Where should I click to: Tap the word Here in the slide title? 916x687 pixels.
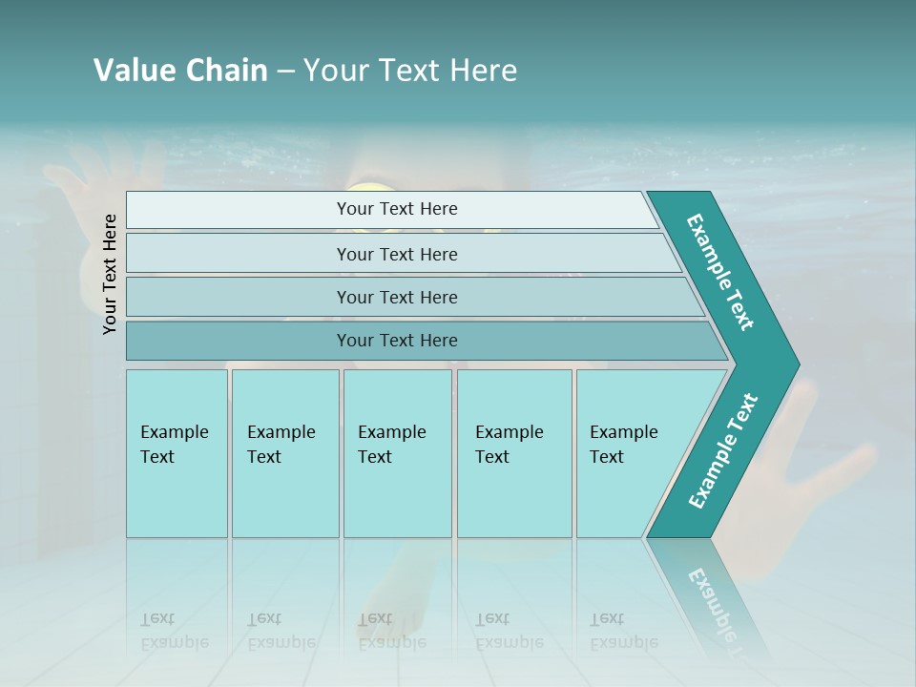click(484, 70)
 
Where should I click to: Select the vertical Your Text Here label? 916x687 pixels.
click(110, 274)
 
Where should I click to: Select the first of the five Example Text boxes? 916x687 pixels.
click(177, 453)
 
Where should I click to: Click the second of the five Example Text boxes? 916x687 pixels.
click(285, 453)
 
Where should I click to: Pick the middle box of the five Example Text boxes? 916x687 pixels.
click(397, 453)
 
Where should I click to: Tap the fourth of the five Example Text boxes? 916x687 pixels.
click(514, 453)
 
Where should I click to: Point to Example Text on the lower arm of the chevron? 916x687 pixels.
click(723, 450)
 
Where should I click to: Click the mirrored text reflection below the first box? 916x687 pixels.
click(174, 631)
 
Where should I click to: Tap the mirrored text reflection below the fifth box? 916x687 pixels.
click(623, 631)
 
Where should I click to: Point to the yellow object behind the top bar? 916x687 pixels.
click(365, 186)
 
